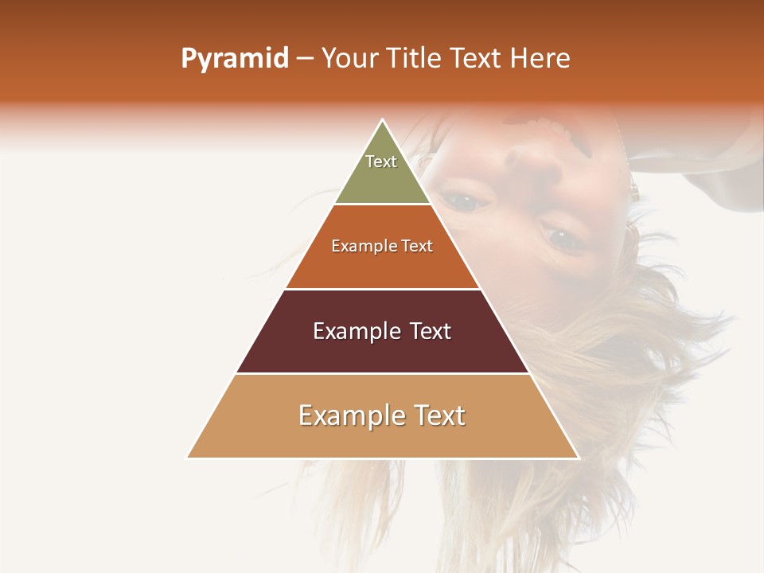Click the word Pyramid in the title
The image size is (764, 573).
(x=235, y=59)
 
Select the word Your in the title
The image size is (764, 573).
(x=346, y=59)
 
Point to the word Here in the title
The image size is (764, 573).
(x=540, y=59)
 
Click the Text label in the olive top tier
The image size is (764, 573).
(x=381, y=162)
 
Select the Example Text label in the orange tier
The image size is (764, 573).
(x=382, y=246)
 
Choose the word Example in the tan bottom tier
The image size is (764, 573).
(x=347, y=415)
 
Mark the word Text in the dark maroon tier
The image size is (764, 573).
(x=426, y=331)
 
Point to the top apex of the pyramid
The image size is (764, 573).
(x=383, y=121)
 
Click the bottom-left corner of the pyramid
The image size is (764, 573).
(x=188, y=458)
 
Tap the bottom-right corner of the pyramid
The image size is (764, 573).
(x=578, y=458)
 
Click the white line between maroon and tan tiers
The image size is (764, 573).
(x=382, y=374)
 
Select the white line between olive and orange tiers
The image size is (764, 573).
(x=382, y=205)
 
